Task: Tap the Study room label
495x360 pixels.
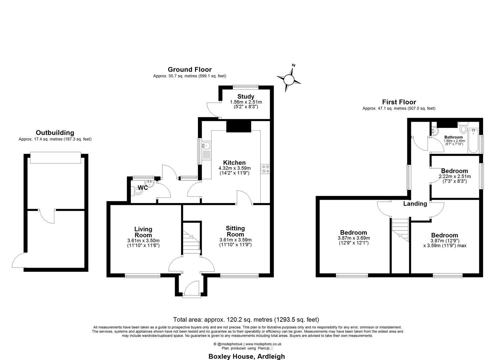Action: coord(246,97)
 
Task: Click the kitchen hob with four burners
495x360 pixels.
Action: coord(265,169)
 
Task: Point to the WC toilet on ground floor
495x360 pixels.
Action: coord(137,190)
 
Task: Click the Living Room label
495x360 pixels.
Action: coord(143,232)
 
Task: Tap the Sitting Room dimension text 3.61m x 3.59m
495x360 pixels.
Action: coord(235,240)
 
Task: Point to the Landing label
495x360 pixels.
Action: coord(415,204)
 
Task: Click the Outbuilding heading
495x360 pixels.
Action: coord(55,133)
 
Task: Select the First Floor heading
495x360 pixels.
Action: coord(399,102)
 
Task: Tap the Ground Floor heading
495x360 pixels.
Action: coord(189,69)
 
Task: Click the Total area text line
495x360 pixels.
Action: coord(246,319)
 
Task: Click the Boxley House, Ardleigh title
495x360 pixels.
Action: coord(247,356)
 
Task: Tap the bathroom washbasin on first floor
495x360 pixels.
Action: coord(434,131)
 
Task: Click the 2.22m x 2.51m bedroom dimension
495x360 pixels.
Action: coord(455,176)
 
